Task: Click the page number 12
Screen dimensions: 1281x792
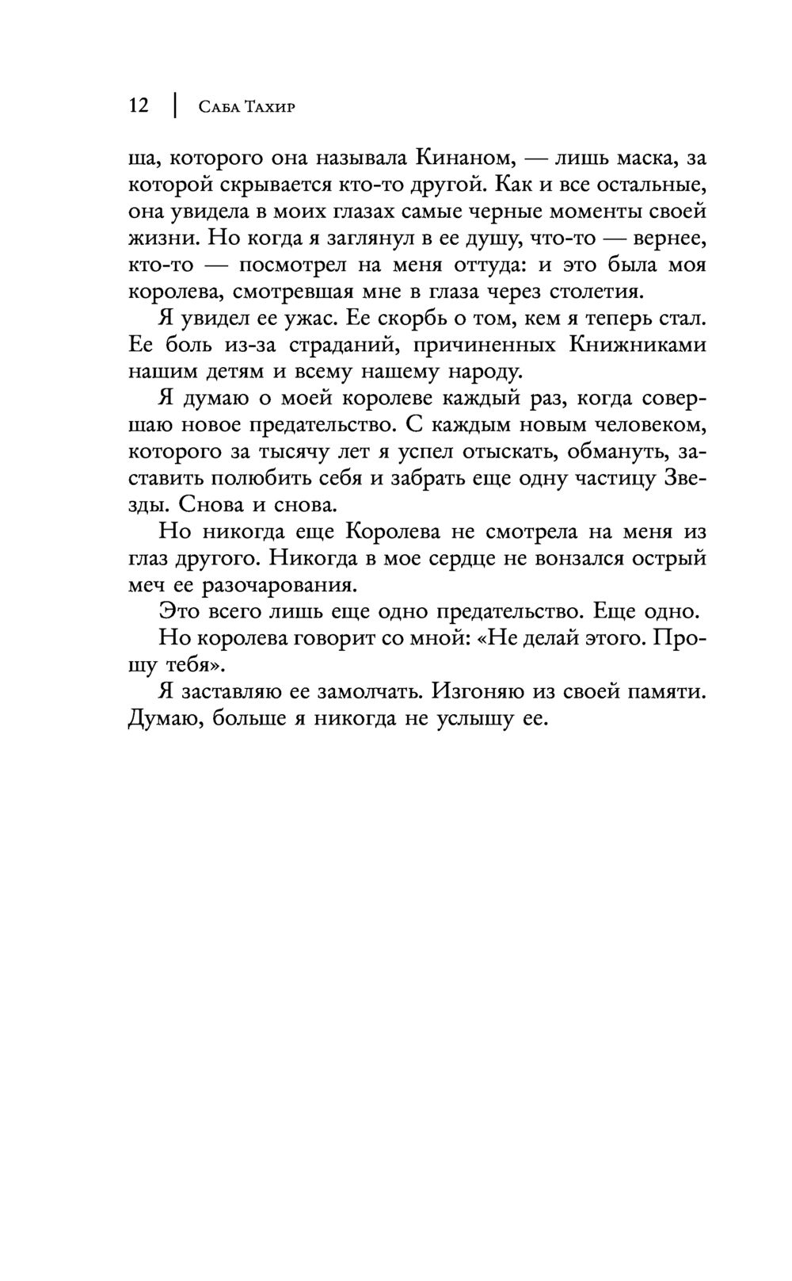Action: coord(139,105)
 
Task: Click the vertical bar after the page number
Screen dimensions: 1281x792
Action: coord(173,105)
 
